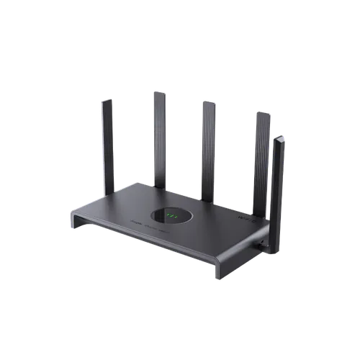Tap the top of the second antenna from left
(x=159, y=91)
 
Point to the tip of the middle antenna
(x=207, y=102)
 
